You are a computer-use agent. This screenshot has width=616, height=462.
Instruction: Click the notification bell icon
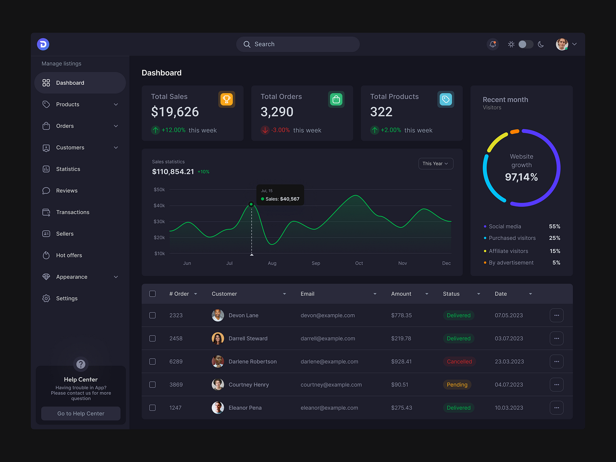492,44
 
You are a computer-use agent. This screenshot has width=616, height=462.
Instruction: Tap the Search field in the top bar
298,44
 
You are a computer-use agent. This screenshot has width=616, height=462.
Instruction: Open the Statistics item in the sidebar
68,169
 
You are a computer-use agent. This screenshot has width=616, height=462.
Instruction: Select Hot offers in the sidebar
69,255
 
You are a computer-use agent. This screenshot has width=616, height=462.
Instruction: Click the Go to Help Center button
81,413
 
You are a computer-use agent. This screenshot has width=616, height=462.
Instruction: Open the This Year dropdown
435,164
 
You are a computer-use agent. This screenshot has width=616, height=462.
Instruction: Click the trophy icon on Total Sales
227,99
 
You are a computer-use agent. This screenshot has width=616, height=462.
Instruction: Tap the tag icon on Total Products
446,99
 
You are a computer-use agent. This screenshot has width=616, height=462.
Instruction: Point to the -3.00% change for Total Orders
280,130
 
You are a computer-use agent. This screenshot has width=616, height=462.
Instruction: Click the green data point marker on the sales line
251,204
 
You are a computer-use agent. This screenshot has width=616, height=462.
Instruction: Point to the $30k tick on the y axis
159,221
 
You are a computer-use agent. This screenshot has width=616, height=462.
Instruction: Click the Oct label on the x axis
359,263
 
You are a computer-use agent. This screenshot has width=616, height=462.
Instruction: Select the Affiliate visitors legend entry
508,251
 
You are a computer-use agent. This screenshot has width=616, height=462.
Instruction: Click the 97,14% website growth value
521,177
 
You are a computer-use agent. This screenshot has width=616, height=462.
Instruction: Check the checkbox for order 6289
152,362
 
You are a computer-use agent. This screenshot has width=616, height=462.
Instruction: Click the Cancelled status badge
459,362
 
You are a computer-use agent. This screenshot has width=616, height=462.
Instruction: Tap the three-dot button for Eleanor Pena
556,408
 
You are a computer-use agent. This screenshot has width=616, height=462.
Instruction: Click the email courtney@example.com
331,385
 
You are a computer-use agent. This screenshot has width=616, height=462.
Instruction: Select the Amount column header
401,294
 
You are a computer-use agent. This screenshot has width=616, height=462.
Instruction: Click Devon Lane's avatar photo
218,315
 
